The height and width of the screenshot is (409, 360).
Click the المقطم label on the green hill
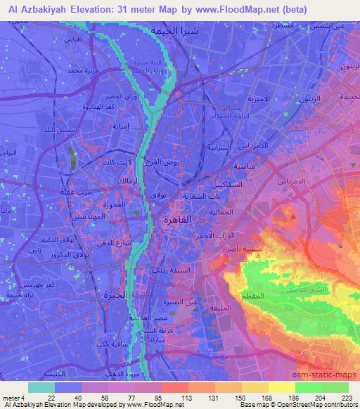[253, 297]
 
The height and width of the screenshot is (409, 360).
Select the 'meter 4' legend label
[13, 397]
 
